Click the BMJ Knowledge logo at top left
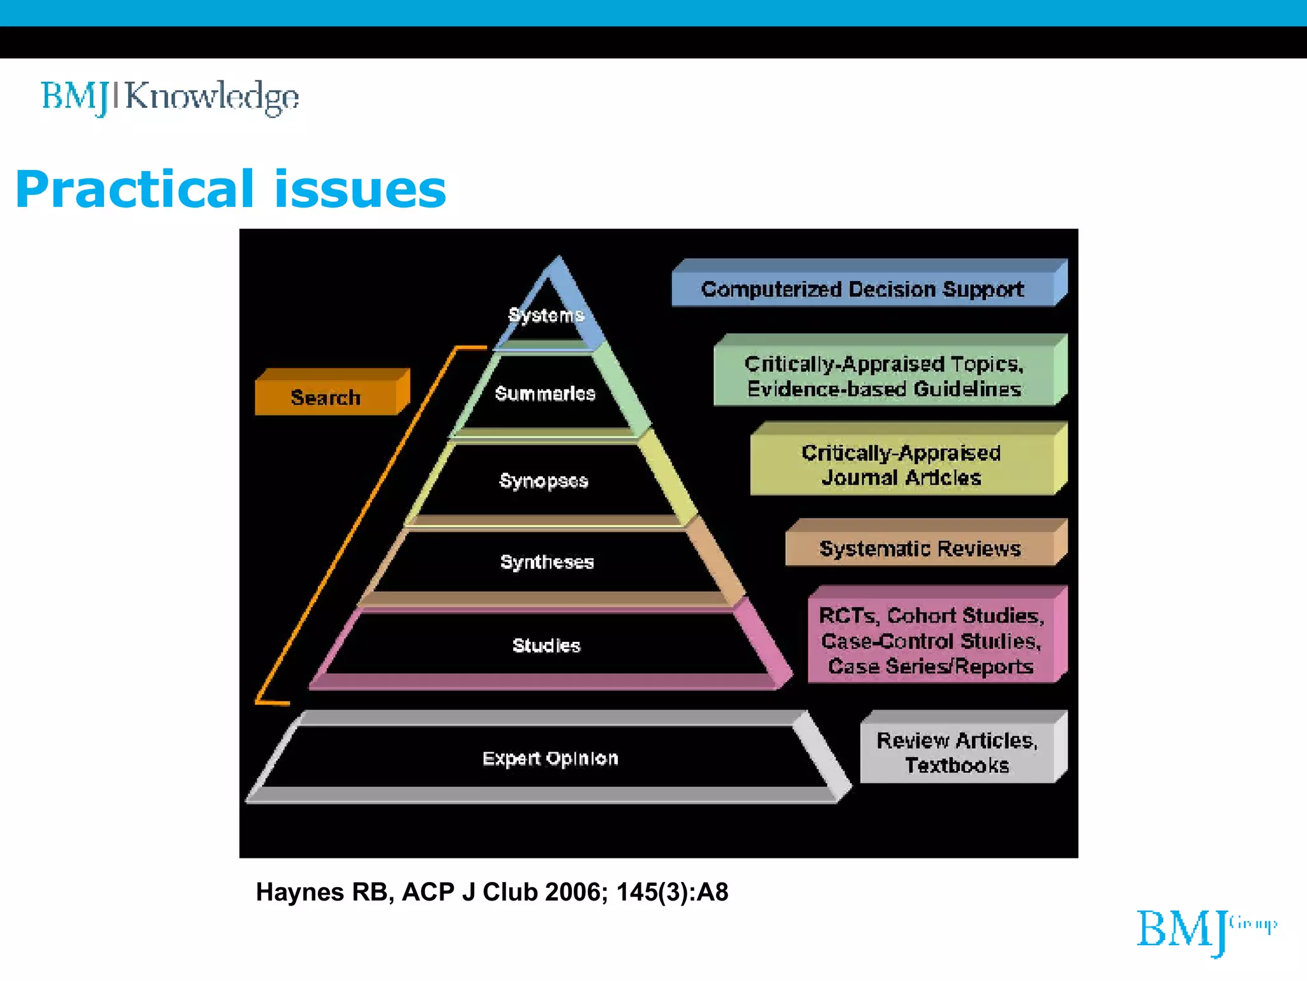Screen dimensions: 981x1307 (x=170, y=97)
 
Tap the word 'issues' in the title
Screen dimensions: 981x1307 (x=360, y=190)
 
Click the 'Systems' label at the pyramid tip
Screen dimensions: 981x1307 (x=546, y=315)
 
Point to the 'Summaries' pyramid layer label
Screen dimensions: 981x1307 (x=545, y=393)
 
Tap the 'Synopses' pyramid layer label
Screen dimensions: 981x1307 (x=544, y=480)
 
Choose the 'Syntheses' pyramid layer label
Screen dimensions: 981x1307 (x=547, y=562)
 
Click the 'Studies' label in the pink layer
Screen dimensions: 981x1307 (x=546, y=645)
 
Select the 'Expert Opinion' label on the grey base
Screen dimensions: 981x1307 (x=550, y=758)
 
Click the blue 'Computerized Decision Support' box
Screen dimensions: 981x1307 (x=863, y=289)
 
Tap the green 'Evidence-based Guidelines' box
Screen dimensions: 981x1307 (x=885, y=376)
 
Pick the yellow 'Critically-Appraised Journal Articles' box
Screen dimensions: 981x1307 (x=901, y=465)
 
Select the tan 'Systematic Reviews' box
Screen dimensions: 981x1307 (x=920, y=549)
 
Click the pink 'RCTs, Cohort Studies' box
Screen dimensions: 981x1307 (x=931, y=641)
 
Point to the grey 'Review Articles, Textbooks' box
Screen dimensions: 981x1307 (x=957, y=752)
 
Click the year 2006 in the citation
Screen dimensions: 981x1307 (x=573, y=892)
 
